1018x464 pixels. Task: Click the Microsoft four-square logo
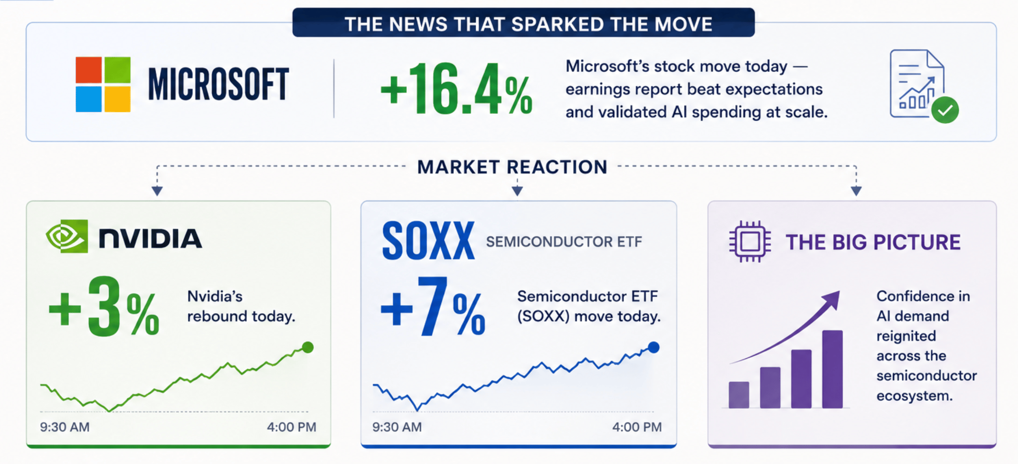pyautogui.click(x=103, y=84)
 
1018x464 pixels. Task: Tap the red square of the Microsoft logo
pyautogui.click(x=89, y=70)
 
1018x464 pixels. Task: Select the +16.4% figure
pyautogui.click(x=456, y=89)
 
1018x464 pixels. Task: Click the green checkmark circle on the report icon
pyautogui.click(x=945, y=110)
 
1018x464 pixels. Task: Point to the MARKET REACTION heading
pyautogui.click(x=512, y=167)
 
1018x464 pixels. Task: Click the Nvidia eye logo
pyautogui.click(x=67, y=236)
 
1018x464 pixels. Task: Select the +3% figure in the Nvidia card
pyautogui.click(x=104, y=307)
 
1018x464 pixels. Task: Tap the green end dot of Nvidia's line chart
pyautogui.click(x=308, y=347)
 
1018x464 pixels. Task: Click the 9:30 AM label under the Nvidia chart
pyautogui.click(x=64, y=427)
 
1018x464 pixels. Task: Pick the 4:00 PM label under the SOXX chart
pyautogui.click(x=637, y=427)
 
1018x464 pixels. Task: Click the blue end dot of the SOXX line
pyautogui.click(x=653, y=347)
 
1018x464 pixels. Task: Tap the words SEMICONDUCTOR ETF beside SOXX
pyautogui.click(x=564, y=242)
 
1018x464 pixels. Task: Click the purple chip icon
pyautogui.click(x=750, y=241)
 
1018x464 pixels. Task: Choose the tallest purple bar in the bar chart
pyautogui.click(x=832, y=369)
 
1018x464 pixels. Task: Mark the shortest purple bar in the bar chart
pyautogui.click(x=739, y=395)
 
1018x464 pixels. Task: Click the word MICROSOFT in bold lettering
pyautogui.click(x=218, y=84)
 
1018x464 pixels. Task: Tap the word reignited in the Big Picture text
pyautogui.click(x=906, y=336)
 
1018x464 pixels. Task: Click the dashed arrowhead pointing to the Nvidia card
pyautogui.click(x=157, y=191)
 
